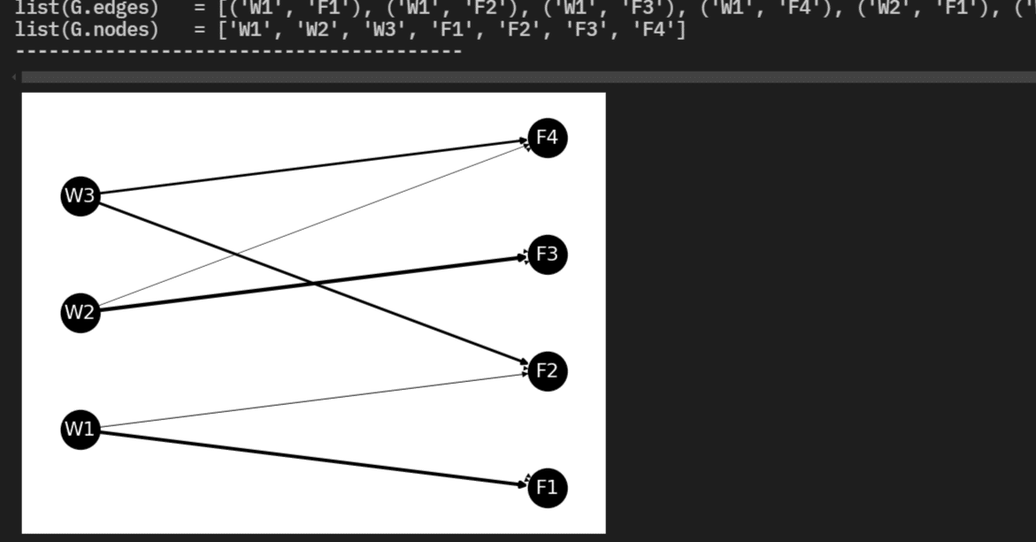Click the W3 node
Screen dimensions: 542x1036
(80, 195)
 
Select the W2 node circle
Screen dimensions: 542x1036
(80, 312)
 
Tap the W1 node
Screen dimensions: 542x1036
(80, 429)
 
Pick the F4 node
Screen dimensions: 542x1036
(547, 137)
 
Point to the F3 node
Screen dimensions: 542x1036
(547, 255)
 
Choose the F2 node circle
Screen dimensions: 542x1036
(547, 370)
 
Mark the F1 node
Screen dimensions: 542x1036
(547, 487)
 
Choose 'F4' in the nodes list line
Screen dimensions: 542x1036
(649, 29)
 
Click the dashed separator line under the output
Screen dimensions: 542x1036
(239, 51)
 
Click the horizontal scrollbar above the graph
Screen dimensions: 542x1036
(522, 77)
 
